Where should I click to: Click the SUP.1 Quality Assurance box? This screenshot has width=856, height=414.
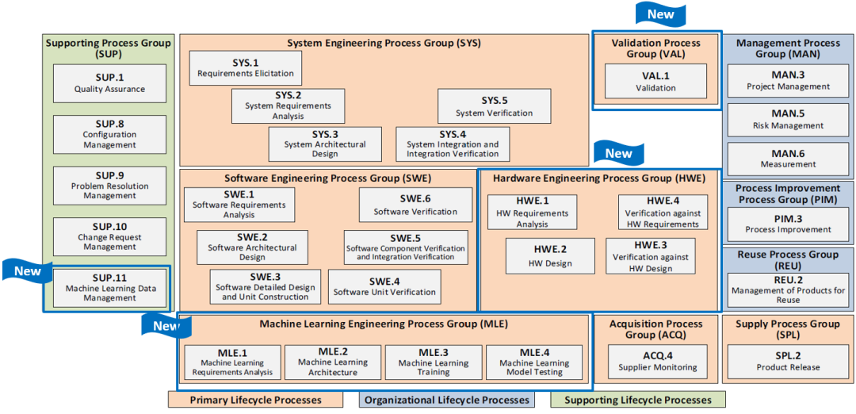click(x=109, y=83)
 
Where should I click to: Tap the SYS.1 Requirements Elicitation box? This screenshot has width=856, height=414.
click(x=246, y=67)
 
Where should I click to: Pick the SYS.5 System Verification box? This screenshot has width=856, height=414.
click(x=494, y=106)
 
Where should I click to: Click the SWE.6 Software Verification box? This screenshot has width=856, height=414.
click(x=415, y=205)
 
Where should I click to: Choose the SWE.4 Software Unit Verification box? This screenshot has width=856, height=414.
click(x=385, y=286)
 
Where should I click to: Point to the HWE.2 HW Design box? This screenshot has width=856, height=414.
click(x=550, y=255)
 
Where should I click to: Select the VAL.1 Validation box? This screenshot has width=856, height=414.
click(x=655, y=81)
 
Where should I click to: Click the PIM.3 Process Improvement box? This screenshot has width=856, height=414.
click(x=789, y=224)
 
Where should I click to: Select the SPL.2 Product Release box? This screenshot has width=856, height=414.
click(x=789, y=362)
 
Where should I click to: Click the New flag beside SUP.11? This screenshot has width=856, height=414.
click(x=28, y=270)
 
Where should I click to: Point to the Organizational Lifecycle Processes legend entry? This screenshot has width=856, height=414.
click(x=447, y=400)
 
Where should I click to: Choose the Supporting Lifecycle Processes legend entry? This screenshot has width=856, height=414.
click(x=638, y=400)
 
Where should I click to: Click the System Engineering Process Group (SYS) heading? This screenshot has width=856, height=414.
click(x=384, y=43)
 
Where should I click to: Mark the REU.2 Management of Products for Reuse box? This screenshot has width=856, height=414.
click(x=789, y=290)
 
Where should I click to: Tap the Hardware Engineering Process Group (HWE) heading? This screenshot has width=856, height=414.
click(x=599, y=178)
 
